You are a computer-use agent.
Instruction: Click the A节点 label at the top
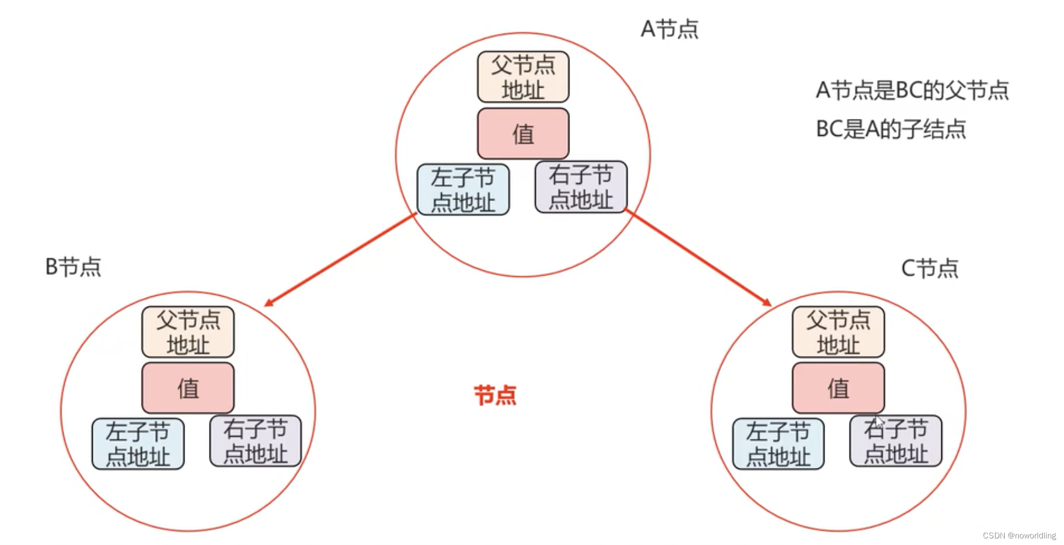pos(669,29)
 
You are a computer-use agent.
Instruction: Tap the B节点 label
pos(73,267)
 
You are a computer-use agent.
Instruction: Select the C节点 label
pos(930,268)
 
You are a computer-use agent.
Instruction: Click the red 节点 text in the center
pos(495,395)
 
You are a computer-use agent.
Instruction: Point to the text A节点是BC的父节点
pos(912,91)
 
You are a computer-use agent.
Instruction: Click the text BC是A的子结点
pos(891,129)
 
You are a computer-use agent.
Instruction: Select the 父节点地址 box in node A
pos(523,77)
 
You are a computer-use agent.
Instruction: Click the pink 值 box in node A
pos(523,134)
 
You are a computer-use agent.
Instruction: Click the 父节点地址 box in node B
pos(188,332)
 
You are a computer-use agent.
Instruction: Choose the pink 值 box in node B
pos(188,388)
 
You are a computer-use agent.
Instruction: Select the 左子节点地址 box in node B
pos(138,444)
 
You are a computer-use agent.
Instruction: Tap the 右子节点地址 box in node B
pos(255,441)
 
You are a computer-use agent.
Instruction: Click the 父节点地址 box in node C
pos(839,332)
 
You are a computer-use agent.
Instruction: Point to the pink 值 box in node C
pos(839,388)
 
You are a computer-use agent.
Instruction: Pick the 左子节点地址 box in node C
pos(778,444)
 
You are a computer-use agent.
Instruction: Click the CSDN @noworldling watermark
pos(1019,535)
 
